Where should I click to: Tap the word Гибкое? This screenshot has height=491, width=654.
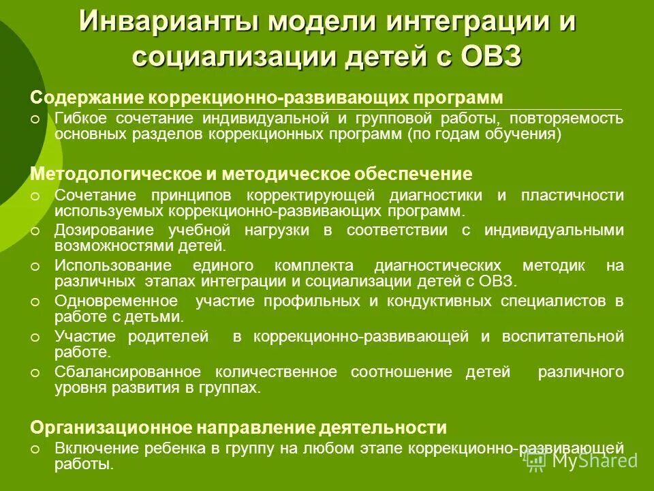click(x=79, y=119)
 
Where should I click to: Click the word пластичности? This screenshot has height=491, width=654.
click(x=572, y=195)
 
